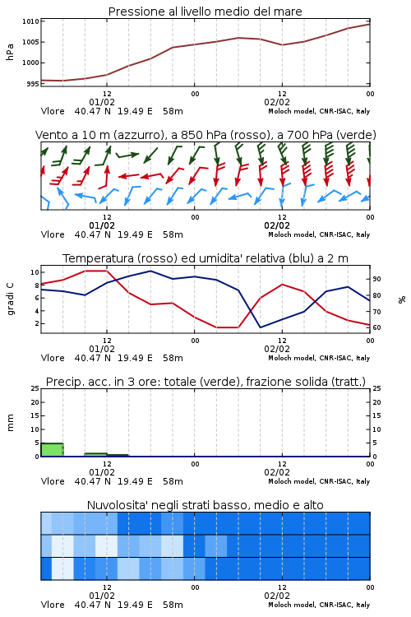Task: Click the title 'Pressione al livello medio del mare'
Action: [205, 12]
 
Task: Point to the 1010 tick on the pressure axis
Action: [30, 21]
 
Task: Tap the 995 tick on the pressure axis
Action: [33, 84]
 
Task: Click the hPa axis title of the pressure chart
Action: [10, 52]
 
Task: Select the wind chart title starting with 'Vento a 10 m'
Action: [205, 135]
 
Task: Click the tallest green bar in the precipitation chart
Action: [52, 450]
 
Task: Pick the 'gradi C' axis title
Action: [10, 299]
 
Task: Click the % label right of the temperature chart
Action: [402, 299]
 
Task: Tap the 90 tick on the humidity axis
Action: [376, 279]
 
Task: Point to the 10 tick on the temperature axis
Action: [35, 272]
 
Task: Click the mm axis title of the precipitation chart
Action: [10, 423]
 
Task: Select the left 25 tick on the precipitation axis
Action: [35, 388]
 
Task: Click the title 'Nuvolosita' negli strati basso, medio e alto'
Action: [205, 505]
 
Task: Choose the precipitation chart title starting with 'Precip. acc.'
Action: [205, 382]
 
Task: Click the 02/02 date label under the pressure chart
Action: [277, 102]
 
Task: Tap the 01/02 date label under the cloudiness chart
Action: [102, 596]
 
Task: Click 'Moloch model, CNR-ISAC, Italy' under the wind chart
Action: [319, 234]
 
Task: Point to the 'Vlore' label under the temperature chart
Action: [53, 358]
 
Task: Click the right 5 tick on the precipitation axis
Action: [375, 443]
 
